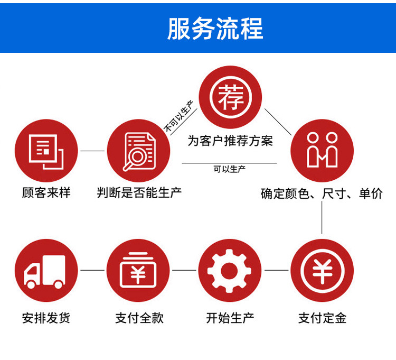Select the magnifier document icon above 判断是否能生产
coord(138,151)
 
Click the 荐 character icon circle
coord(230,98)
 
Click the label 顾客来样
coord(46,193)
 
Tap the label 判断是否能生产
coord(139,193)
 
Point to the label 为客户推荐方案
coord(230,141)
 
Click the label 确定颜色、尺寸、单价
coord(322,194)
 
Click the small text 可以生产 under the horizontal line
coord(230,170)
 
